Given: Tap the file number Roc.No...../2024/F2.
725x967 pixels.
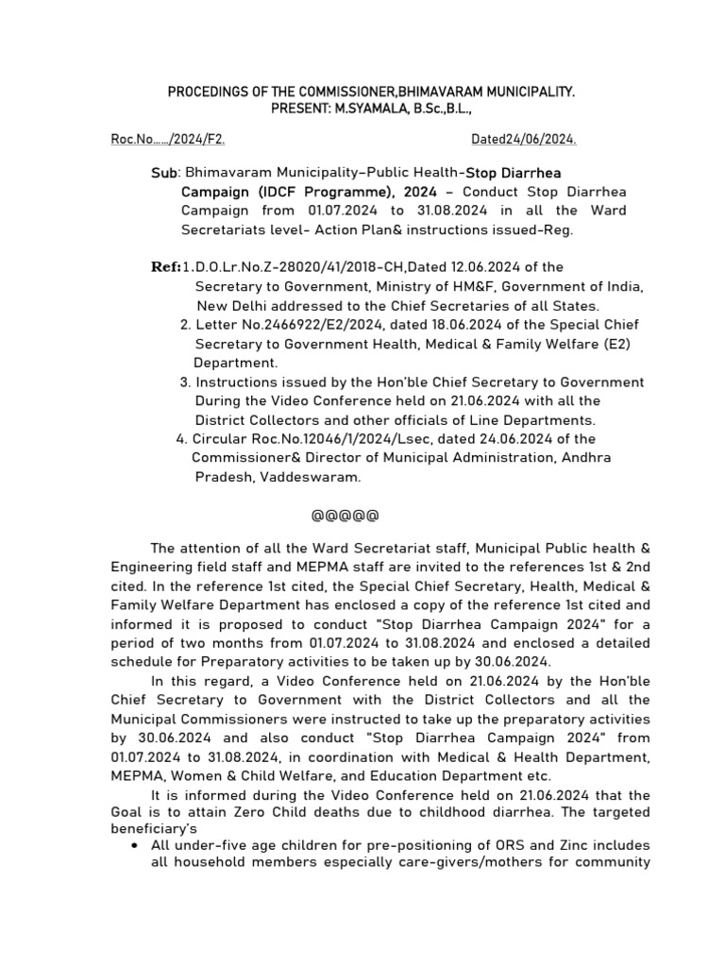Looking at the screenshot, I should (x=168, y=140).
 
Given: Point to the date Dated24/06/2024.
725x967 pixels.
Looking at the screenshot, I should (x=524, y=140).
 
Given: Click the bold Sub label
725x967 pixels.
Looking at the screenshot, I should (x=163, y=175).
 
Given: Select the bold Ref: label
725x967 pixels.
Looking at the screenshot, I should (x=166, y=267).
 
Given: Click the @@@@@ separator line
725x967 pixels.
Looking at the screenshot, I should (x=346, y=517).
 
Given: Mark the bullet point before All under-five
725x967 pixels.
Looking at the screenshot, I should (x=139, y=845).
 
